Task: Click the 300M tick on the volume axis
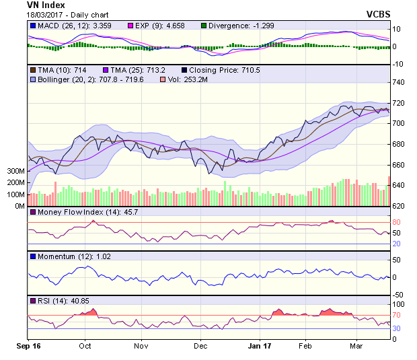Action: (x=15, y=171)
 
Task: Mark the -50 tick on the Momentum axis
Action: (x=398, y=295)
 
